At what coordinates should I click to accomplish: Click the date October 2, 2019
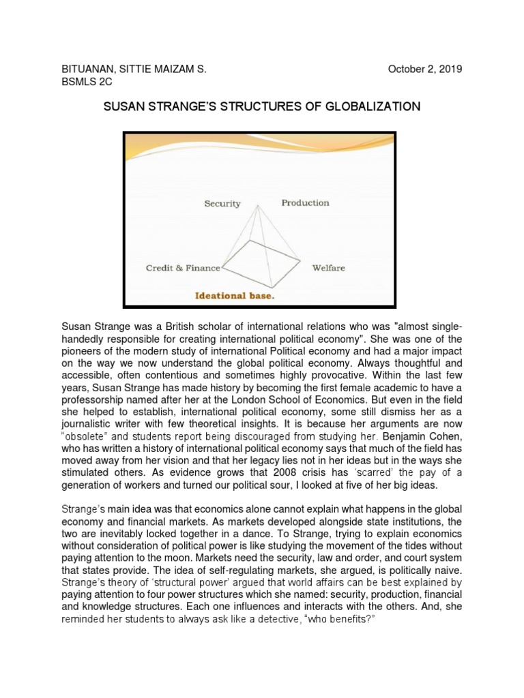(425, 69)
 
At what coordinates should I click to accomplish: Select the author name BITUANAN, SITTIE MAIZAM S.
(134, 69)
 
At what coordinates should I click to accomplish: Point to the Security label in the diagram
(222, 203)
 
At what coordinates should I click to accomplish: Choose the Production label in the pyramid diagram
(305, 202)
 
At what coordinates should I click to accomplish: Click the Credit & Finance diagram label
(183, 268)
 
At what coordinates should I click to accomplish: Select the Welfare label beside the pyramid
(328, 268)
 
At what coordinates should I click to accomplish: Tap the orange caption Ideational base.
(235, 296)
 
